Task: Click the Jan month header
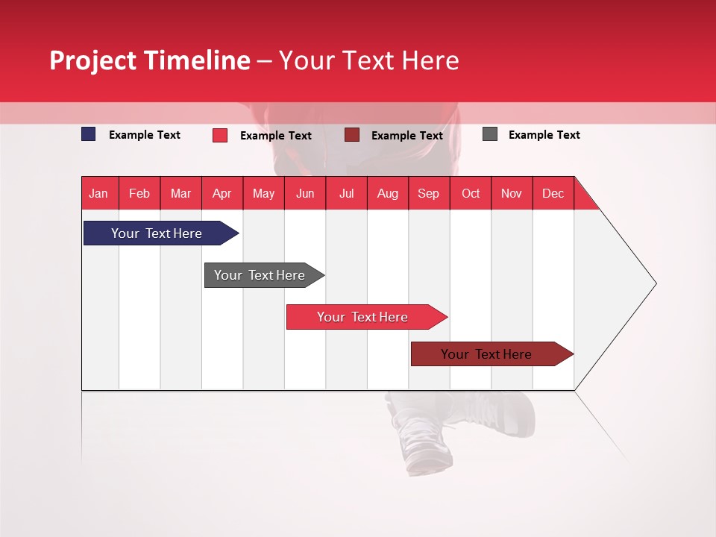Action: (98, 193)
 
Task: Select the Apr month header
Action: (222, 193)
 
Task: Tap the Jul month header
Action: (346, 193)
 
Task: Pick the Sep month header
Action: (428, 193)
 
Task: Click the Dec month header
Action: (553, 193)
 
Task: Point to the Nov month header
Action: (511, 193)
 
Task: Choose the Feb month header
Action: (139, 193)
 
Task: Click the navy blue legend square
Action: (89, 134)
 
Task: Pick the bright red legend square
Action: (220, 135)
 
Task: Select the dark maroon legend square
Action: (352, 134)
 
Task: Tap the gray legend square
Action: (490, 134)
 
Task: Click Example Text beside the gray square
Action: (544, 135)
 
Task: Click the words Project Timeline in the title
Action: (150, 60)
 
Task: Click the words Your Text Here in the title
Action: (368, 60)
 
